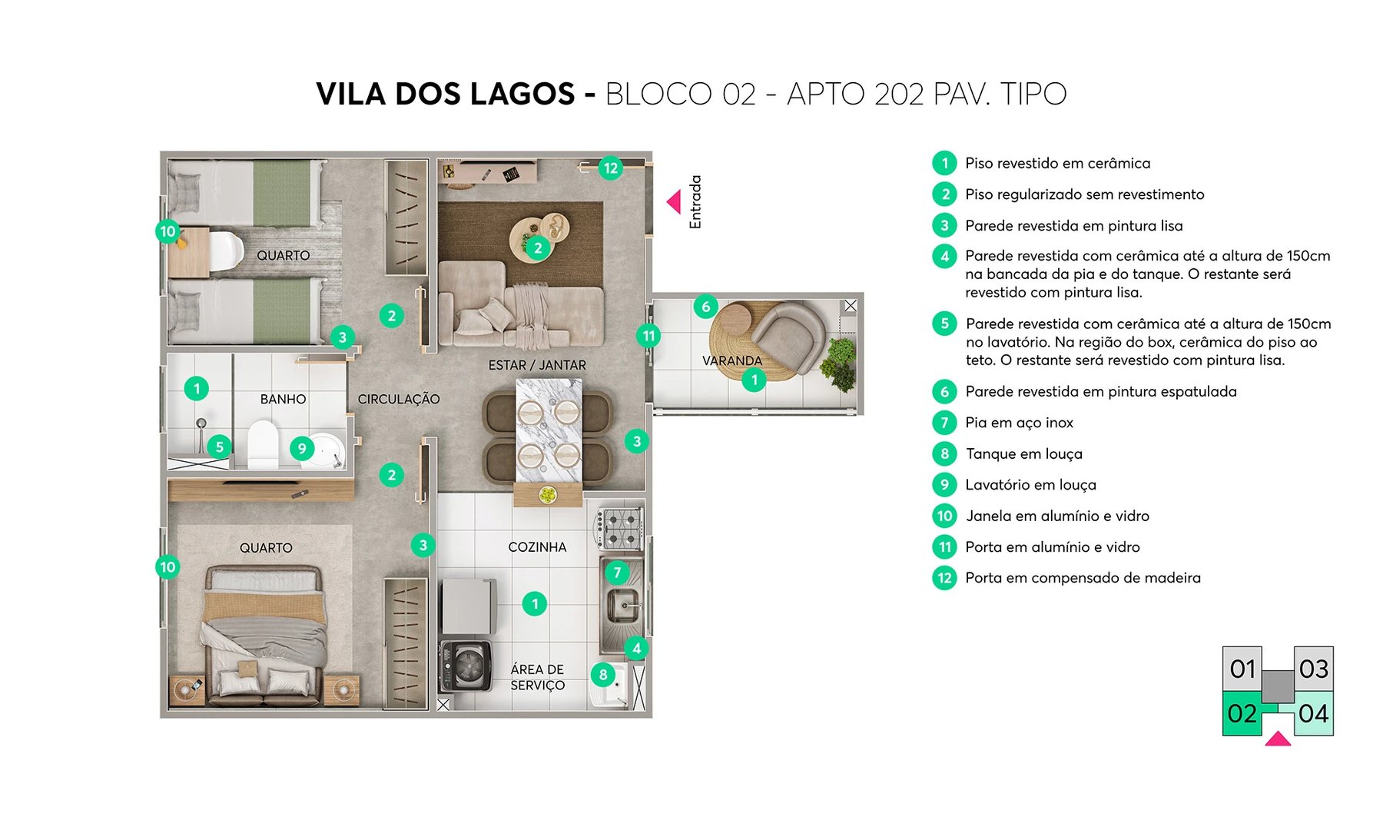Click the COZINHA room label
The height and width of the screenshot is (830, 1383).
pos(537,547)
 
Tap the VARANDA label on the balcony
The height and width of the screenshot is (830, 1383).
pos(731,360)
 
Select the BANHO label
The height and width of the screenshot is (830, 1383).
pos(283,399)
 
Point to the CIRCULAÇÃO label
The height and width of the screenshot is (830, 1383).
pos(398,399)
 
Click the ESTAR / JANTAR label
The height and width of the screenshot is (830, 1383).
pos(537,365)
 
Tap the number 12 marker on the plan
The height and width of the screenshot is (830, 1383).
pos(611,168)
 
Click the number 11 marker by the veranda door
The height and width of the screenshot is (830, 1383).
pos(649,336)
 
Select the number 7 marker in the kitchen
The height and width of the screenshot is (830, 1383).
pos(617,573)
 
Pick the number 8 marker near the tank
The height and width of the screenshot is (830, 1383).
pos(603,675)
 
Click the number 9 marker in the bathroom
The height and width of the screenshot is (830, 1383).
pos(302,449)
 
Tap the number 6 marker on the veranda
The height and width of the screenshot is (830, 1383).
pos(706,307)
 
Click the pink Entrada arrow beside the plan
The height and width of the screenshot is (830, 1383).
pos(674,202)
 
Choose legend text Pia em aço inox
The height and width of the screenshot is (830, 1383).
pos(1019,423)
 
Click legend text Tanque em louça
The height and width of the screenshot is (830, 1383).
pos(1023,454)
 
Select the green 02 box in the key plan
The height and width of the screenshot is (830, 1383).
pos(1242,713)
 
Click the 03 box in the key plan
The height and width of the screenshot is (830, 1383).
pos(1313,669)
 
